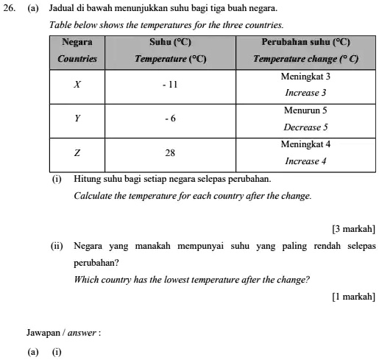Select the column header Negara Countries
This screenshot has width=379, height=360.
(x=77, y=50)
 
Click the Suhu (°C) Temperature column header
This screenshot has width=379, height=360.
(x=170, y=50)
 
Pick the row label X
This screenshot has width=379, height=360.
(x=77, y=85)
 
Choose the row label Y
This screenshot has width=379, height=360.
(x=77, y=119)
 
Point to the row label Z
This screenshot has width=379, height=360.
(x=77, y=153)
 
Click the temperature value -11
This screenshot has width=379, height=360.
(x=170, y=85)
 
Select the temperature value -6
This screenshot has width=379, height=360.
(x=170, y=119)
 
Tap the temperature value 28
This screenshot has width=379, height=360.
(x=170, y=153)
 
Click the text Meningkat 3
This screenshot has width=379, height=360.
(x=305, y=77)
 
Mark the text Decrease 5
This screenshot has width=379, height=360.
(x=305, y=127)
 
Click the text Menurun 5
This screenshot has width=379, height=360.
(x=305, y=110)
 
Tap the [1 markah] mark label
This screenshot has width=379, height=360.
(x=354, y=296)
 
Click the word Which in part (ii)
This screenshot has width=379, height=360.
(x=87, y=280)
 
